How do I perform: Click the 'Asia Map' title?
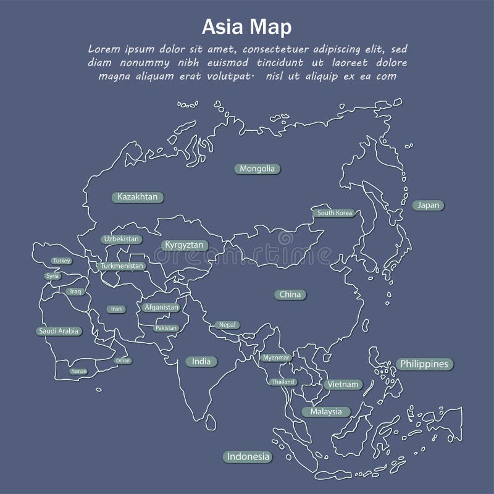point(247,28)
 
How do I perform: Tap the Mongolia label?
point(257,169)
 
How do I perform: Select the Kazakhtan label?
point(138,197)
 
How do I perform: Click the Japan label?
point(428,205)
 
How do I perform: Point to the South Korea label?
point(335,213)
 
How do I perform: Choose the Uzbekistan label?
point(121,239)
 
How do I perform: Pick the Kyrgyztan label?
point(183,245)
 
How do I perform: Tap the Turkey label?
point(62,261)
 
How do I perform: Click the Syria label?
point(52,276)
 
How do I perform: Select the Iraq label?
point(76,291)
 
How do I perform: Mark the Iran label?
point(115,309)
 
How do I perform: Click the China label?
point(290,295)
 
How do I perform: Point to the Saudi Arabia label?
point(59,331)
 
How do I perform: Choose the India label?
point(201,361)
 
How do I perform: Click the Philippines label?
point(424,364)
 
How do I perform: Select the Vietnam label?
point(343,384)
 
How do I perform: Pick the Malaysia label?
point(326,411)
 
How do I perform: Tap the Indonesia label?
point(248,457)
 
